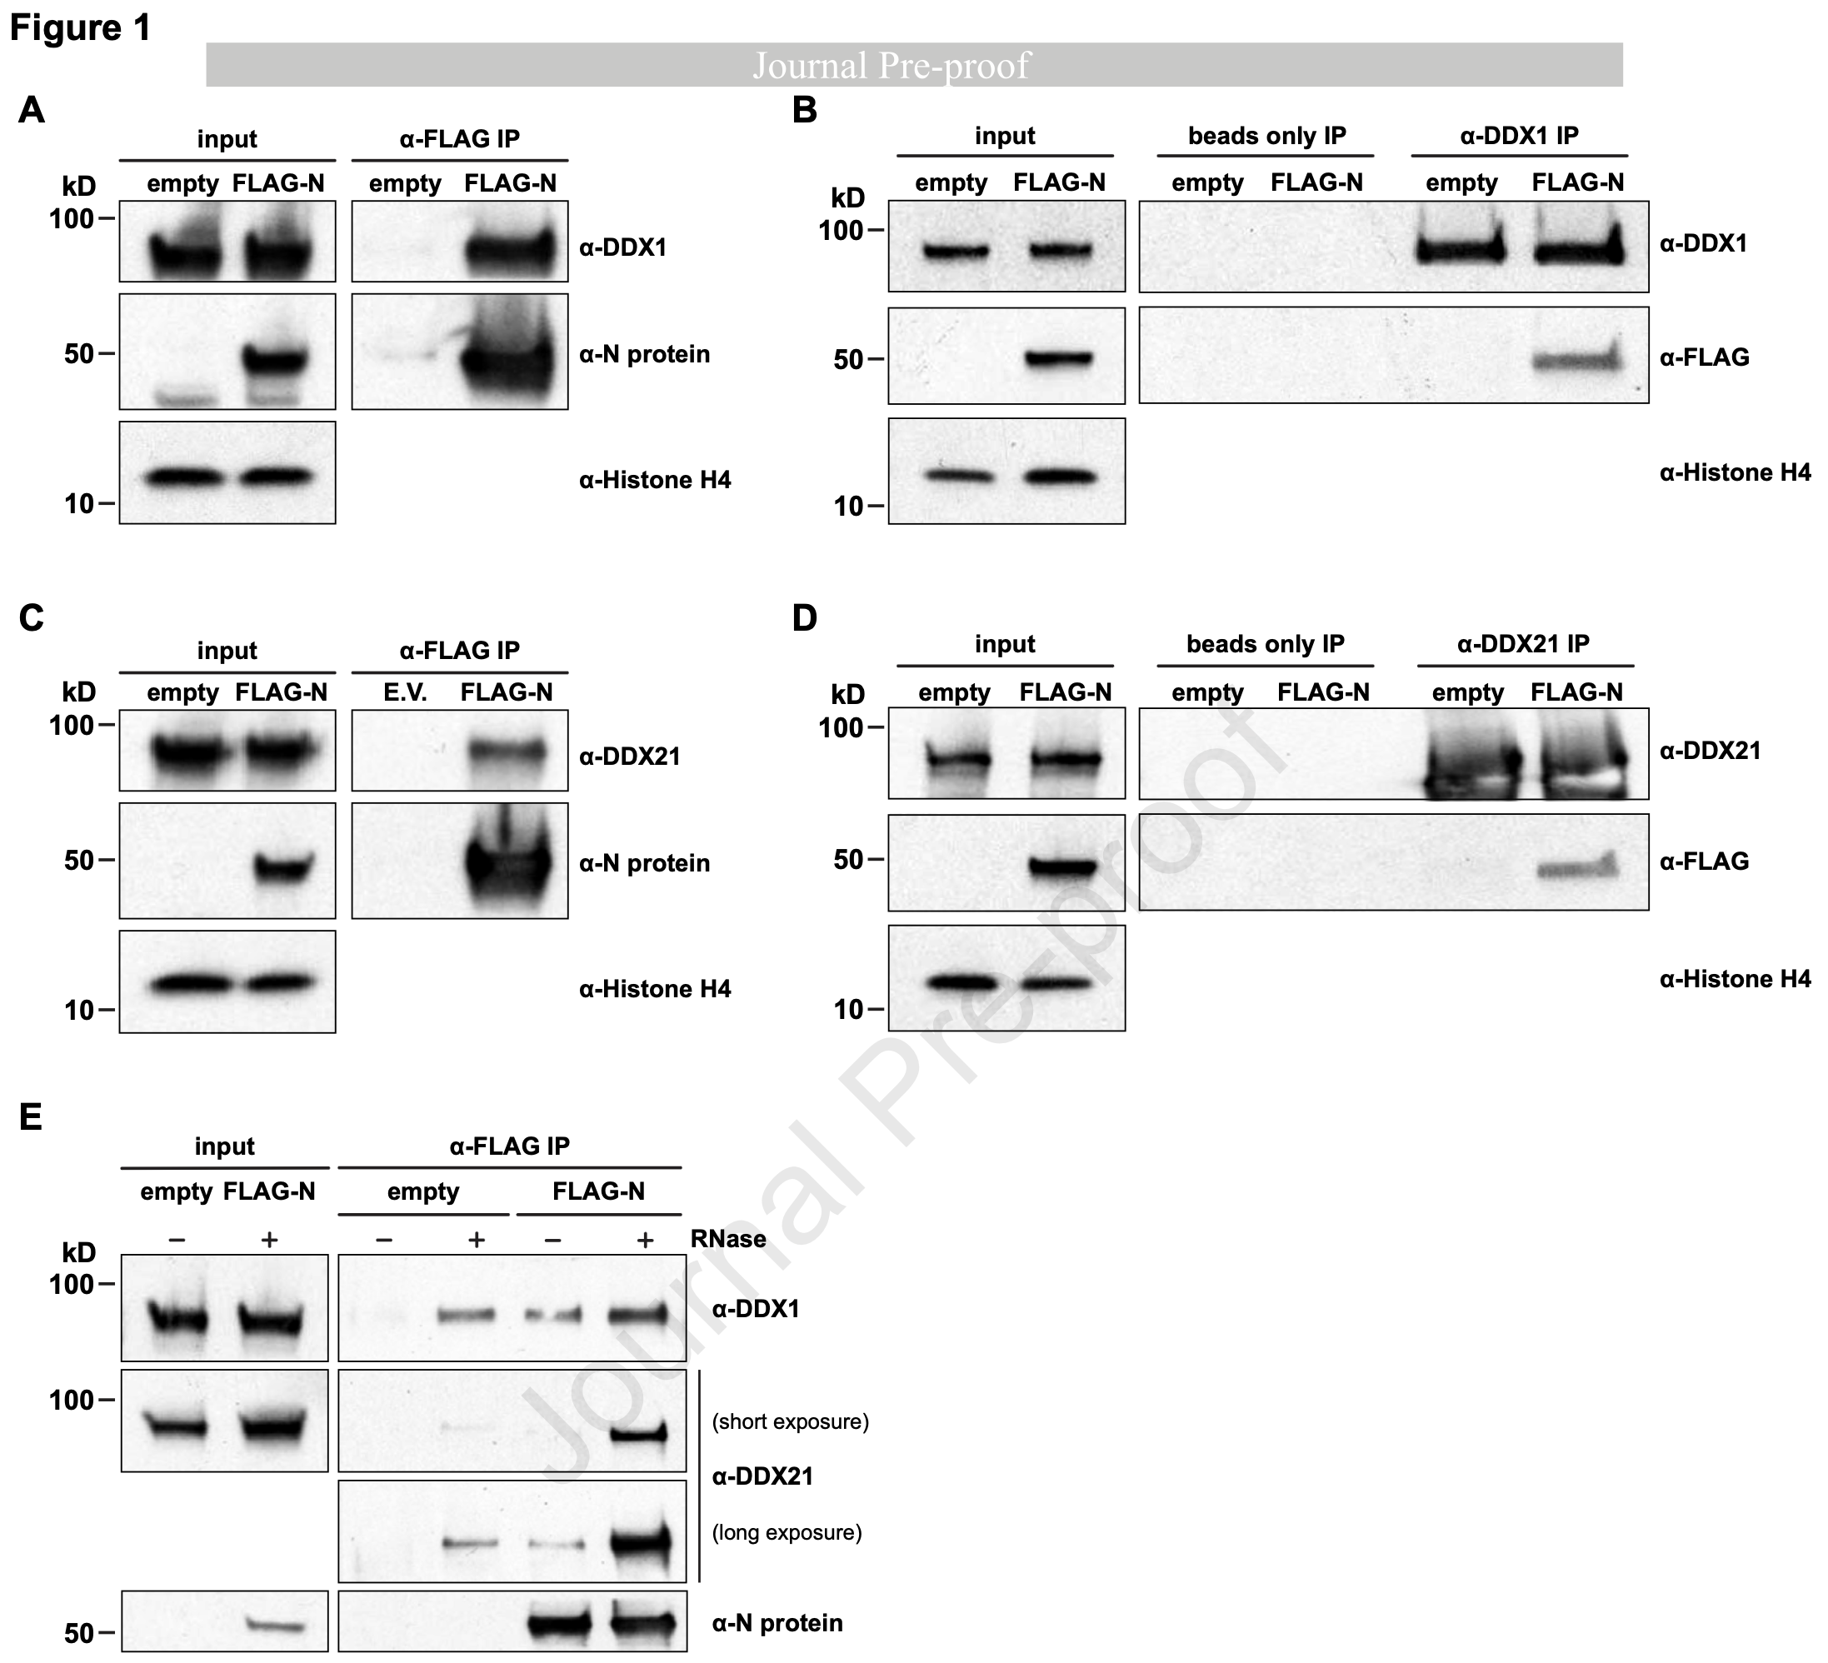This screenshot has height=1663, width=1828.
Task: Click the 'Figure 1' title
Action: (x=80, y=28)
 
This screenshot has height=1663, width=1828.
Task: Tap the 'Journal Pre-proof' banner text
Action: (x=892, y=65)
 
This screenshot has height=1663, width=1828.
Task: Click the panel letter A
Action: (x=31, y=111)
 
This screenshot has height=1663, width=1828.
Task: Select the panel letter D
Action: (x=804, y=618)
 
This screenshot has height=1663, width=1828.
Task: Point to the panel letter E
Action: (x=30, y=1117)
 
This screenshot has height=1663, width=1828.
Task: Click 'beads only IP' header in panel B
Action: (x=1266, y=136)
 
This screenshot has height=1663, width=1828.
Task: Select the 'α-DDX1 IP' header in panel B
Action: (x=1519, y=136)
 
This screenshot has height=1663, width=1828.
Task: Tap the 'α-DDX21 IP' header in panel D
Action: (x=1522, y=644)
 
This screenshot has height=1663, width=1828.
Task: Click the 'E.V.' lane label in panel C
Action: (x=404, y=692)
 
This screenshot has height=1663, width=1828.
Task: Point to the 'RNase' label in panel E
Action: (x=728, y=1239)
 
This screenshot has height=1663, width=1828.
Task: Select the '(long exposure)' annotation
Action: (x=787, y=1532)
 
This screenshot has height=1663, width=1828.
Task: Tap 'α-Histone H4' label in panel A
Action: (x=655, y=480)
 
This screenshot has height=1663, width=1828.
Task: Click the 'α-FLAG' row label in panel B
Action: (x=1704, y=357)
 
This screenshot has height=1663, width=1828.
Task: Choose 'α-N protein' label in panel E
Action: (x=777, y=1622)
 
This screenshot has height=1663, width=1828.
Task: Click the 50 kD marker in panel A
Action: (x=79, y=353)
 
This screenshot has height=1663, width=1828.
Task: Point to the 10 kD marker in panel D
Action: (x=849, y=1009)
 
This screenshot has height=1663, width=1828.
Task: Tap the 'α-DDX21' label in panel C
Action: (x=629, y=757)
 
